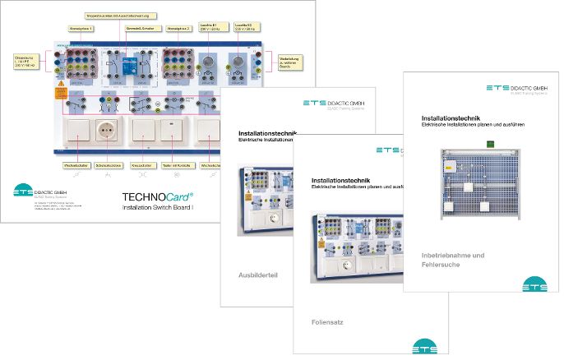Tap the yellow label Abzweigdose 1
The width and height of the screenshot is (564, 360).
pyautogui.click(x=81, y=28)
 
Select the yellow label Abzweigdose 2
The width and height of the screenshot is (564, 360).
pyautogui.click(x=178, y=28)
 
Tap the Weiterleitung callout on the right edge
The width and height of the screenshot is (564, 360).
pyautogui.click(x=289, y=62)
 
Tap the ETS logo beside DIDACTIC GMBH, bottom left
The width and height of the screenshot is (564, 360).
pyautogui.click(x=24, y=192)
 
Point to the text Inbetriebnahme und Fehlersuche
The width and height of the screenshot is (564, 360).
pyautogui.click(x=452, y=261)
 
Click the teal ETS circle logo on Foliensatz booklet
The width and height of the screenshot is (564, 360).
pyautogui.click(x=425, y=348)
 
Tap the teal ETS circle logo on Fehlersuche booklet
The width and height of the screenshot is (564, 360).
pyautogui.click(x=534, y=284)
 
